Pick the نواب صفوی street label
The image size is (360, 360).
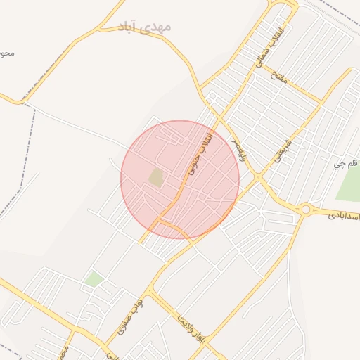[130, 314]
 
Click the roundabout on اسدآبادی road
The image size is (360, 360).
[305, 209]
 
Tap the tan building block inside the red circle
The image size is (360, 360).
[156, 178]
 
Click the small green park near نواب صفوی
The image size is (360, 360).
[94, 279]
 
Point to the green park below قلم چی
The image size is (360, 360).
[349, 184]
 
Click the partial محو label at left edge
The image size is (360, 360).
[7, 53]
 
